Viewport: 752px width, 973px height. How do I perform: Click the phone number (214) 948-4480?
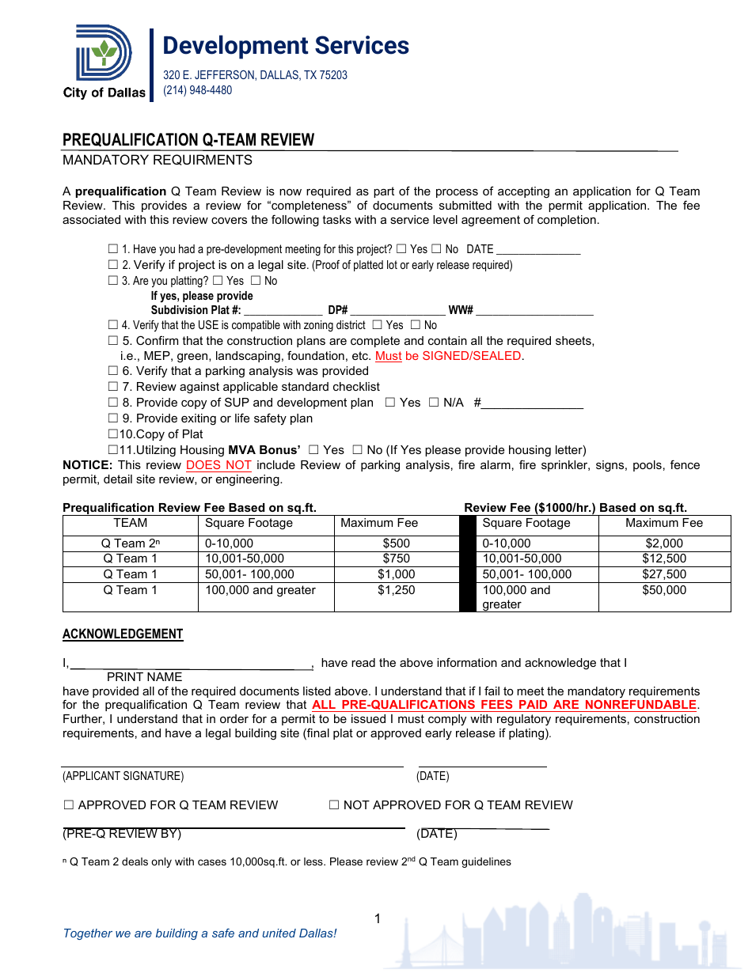point(198,90)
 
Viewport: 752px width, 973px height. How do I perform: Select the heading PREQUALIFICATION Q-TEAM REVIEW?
point(188,140)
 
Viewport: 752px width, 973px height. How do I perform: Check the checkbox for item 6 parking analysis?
point(112,371)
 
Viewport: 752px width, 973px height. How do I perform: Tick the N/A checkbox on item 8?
point(433,403)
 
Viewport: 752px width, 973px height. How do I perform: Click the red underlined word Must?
point(388,356)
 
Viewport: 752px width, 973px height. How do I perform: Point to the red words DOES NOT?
point(218,465)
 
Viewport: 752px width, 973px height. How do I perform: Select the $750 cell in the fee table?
point(396,558)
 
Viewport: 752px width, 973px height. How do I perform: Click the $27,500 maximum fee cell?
point(664,574)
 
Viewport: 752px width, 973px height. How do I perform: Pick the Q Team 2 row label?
point(131,543)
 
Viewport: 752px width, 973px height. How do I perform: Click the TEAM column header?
point(131,523)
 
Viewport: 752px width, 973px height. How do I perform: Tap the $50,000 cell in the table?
point(664,590)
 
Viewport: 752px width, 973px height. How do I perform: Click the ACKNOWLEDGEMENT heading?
point(123,634)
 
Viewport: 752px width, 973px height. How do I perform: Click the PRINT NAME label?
point(144,677)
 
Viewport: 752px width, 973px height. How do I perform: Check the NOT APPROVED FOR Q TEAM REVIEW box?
point(334,805)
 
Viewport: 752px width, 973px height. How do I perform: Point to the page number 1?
point(378,918)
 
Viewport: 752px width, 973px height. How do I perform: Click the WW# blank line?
point(534,311)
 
